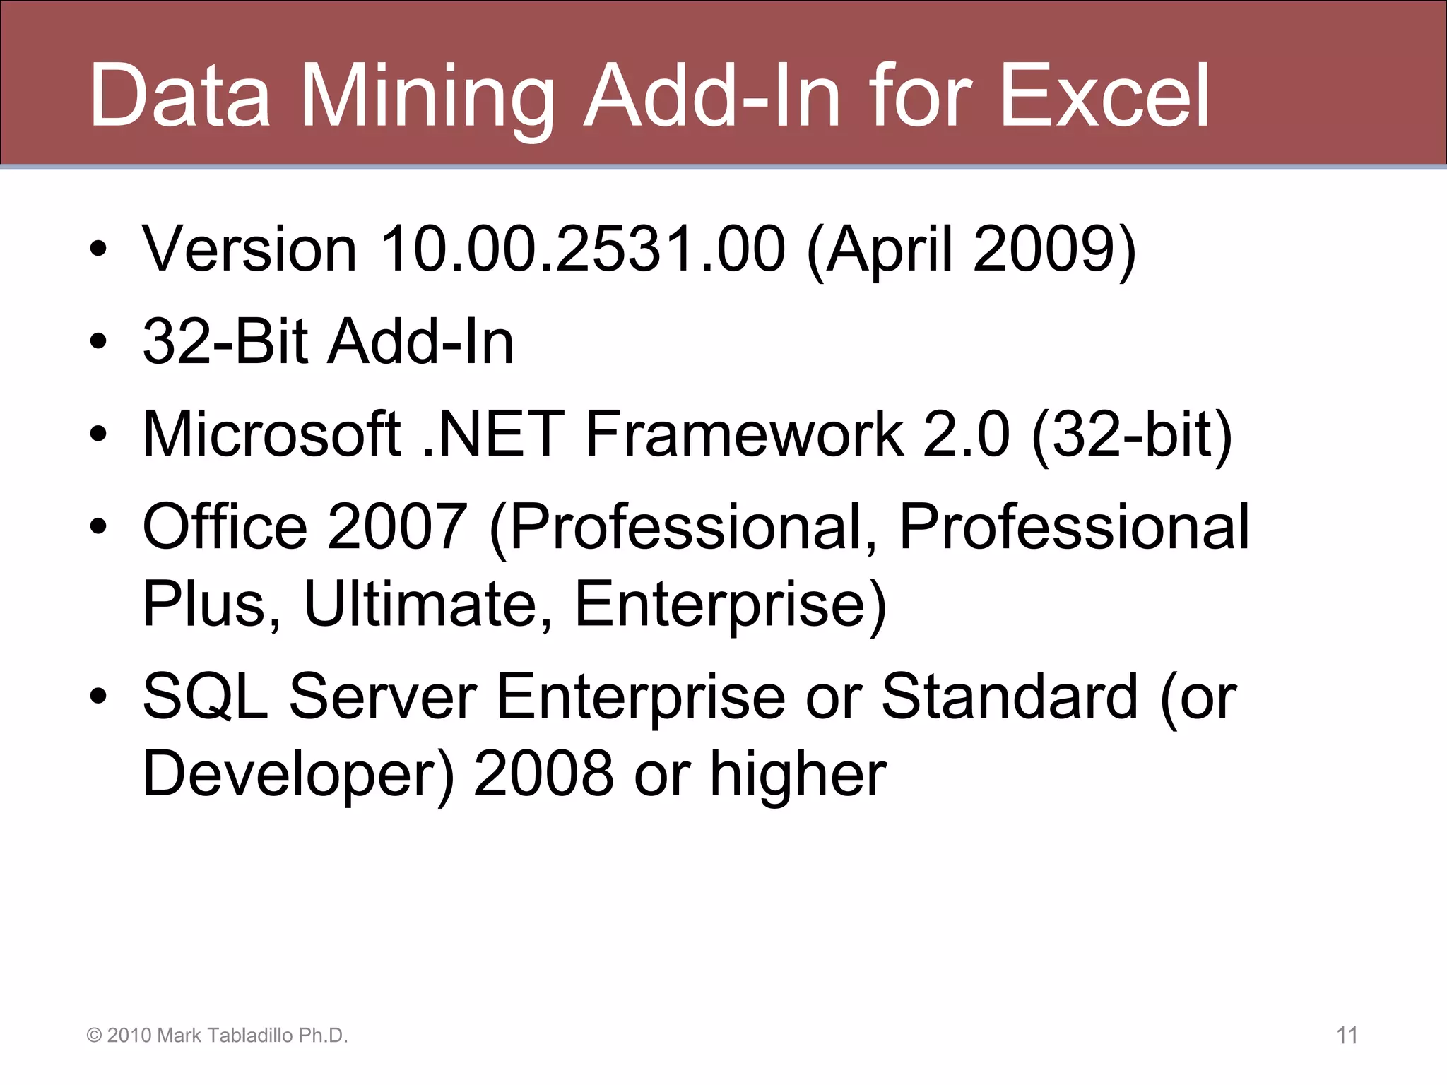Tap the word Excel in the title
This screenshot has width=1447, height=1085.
tap(1106, 96)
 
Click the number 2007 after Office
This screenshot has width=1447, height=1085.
tap(396, 526)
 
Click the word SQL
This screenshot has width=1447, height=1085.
tap(205, 696)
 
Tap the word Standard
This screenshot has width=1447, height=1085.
tap(1010, 696)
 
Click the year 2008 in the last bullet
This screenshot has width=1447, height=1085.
tap(543, 774)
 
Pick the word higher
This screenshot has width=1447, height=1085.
tap(798, 774)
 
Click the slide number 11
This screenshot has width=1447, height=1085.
tap(1347, 1036)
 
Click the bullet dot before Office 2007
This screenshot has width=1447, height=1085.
tap(98, 526)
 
